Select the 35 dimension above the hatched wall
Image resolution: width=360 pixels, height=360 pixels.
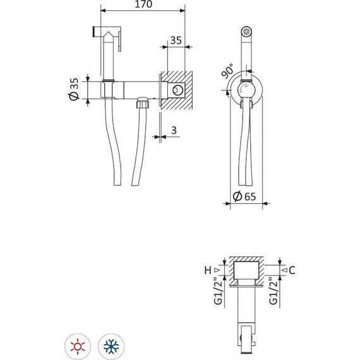pos(176,40)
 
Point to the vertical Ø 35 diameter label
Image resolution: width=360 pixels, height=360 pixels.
pos(74,88)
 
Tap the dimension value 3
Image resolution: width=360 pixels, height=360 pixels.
pos(172,131)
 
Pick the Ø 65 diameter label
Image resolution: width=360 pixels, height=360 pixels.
pos(245,196)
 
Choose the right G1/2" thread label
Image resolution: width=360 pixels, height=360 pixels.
pos(273,292)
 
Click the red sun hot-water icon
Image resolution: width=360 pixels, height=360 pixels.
pos(78,345)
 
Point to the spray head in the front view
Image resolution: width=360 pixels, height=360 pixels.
pos(248,31)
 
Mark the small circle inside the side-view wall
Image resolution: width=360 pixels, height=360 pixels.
pos(179,91)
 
